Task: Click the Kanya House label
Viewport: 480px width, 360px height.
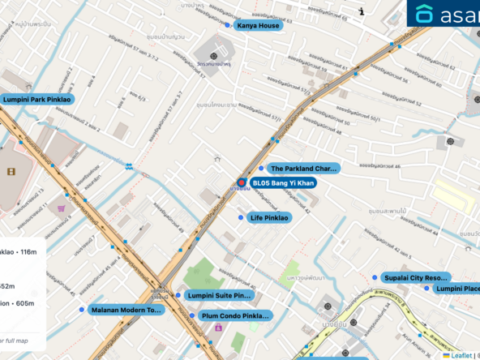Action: point(258,26)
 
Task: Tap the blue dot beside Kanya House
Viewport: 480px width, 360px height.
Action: point(227,25)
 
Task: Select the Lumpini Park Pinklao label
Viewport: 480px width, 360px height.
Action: point(37,100)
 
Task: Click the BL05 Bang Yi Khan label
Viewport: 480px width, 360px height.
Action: point(282,183)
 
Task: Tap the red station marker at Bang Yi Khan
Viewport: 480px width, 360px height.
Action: point(241,183)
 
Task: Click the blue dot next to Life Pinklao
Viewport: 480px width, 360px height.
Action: point(240,217)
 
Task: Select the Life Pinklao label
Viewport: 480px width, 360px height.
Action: point(269,217)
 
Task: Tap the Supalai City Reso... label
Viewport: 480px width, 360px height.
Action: point(415,277)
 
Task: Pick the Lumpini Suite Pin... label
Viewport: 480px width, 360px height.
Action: point(219,296)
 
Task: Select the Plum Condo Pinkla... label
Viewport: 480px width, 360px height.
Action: point(234,315)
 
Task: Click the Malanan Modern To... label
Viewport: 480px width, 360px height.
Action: point(126,310)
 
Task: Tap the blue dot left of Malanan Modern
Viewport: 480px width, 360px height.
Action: point(82,310)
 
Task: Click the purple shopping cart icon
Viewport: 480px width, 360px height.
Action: point(61,208)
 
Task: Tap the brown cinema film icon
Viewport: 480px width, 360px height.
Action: point(11,171)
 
